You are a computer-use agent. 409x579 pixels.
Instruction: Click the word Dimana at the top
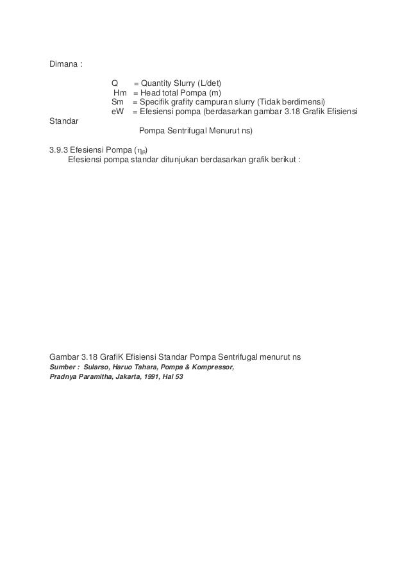pyautogui.click(x=63, y=65)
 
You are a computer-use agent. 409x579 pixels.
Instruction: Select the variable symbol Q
pyautogui.click(x=115, y=83)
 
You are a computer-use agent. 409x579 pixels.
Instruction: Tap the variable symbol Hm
pyautogui.click(x=120, y=93)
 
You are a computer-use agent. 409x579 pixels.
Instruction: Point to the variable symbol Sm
pyautogui.click(x=117, y=103)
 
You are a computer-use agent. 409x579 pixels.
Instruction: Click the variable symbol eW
pyautogui.click(x=117, y=112)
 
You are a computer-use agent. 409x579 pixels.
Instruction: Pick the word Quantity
pyautogui.click(x=158, y=83)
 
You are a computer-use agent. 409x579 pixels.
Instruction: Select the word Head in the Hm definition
pyautogui.click(x=151, y=93)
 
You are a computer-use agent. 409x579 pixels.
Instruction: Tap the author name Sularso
pyautogui.click(x=97, y=367)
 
